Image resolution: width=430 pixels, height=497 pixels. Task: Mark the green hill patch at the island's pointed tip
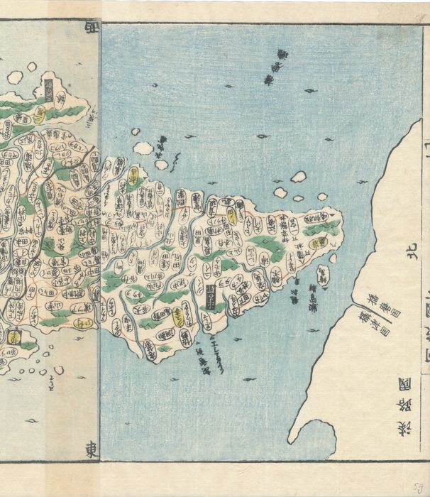click(323, 227)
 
